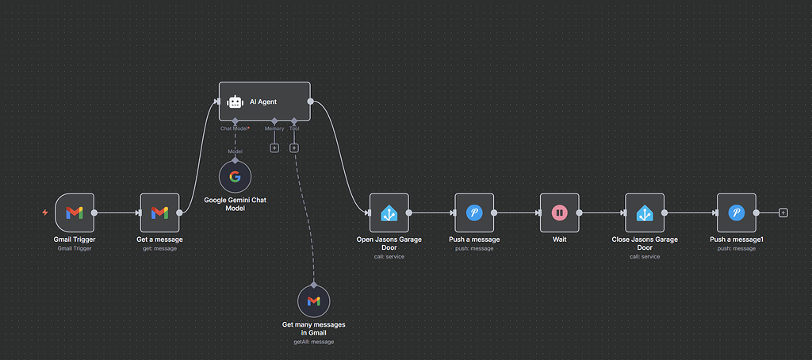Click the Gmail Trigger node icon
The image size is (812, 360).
pyautogui.click(x=75, y=213)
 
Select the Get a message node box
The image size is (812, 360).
pyautogui.click(x=159, y=213)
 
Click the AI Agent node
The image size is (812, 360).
pyautogui.click(x=264, y=101)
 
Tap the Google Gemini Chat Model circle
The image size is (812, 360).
pyautogui.click(x=235, y=178)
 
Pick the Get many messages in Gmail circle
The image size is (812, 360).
pyautogui.click(x=313, y=301)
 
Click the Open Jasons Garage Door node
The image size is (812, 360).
pyautogui.click(x=389, y=213)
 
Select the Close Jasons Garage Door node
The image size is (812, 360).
pyautogui.click(x=645, y=213)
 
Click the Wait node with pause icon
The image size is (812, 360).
pyautogui.click(x=559, y=213)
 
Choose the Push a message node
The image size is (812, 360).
pyautogui.click(x=474, y=213)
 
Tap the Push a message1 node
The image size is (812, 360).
pyautogui.click(x=736, y=213)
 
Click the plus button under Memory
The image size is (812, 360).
pyautogui.click(x=274, y=147)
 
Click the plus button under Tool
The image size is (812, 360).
pyautogui.click(x=294, y=147)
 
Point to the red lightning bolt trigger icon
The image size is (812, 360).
pyautogui.click(x=45, y=213)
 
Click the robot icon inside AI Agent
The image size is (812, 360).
pyautogui.click(x=235, y=101)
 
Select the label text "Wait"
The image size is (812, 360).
pyautogui.click(x=559, y=239)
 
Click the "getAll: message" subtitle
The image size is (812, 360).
pyautogui.click(x=313, y=342)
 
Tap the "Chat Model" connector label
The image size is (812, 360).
pyautogui.click(x=235, y=128)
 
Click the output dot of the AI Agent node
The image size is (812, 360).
pyautogui.click(x=310, y=101)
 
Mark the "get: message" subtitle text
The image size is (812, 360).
pyautogui.click(x=159, y=248)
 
